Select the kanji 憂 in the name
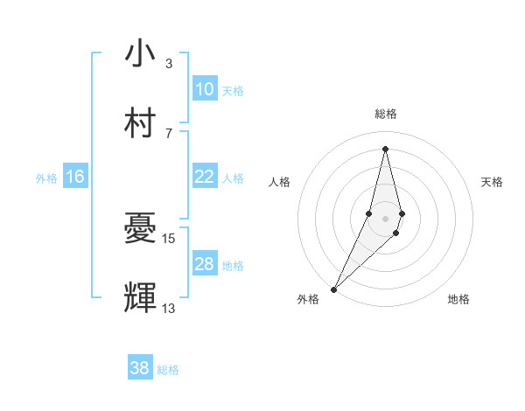(x=140, y=229)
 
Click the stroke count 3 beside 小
(x=168, y=64)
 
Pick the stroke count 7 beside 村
(x=168, y=133)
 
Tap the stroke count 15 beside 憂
(x=170, y=239)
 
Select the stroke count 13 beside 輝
(x=169, y=309)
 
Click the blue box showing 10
(x=205, y=88)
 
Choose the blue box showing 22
(x=205, y=177)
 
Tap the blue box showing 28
(x=205, y=264)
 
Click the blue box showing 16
(x=75, y=177)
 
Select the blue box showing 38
(x=140, y=368)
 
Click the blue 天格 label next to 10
(x=233, y=90)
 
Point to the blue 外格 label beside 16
(x=46, y=178)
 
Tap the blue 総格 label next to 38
(x=168, y=369)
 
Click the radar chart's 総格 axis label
(x=385, y=114)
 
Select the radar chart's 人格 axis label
(x=279, y=182)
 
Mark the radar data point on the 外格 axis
(x=333, y=289)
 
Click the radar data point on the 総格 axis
(x=385, y=149)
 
